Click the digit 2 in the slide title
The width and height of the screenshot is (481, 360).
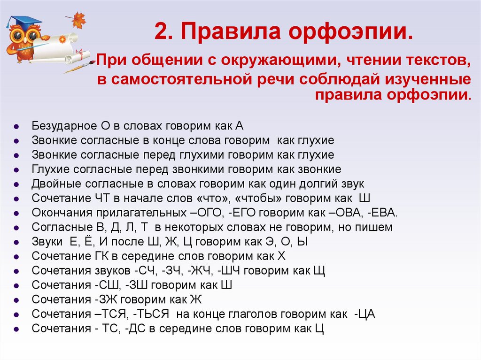coord(161,32)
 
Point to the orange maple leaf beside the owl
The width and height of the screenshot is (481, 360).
coord(76,20)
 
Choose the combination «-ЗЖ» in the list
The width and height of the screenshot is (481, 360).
coord(109,299)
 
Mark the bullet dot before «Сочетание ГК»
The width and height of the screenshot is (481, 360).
coord(16,257)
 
